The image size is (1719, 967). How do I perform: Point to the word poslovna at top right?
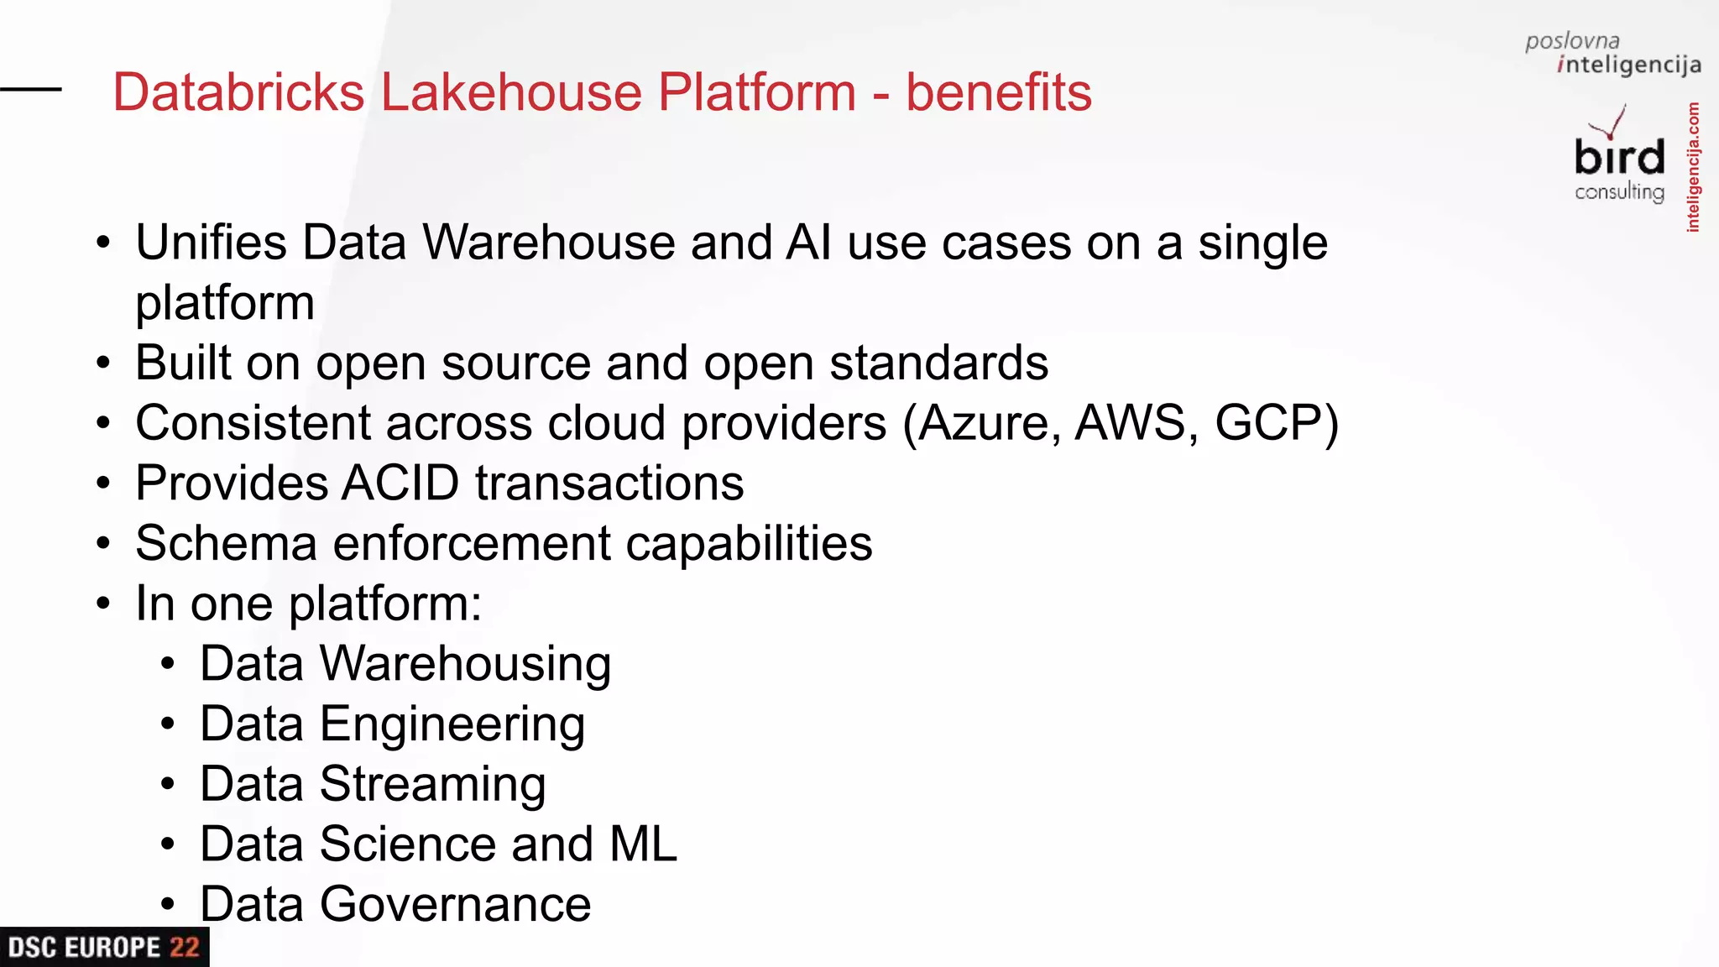(1571, 40)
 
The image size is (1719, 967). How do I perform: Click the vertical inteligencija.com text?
(1693, 167)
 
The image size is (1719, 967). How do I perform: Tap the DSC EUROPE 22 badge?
(104, 947)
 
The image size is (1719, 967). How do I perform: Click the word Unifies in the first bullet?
(211, 243)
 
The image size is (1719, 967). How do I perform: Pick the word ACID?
(400, 483)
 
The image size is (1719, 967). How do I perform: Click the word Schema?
(226, 543)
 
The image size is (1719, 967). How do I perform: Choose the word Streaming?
(432, 785)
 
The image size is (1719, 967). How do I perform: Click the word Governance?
(455, 904)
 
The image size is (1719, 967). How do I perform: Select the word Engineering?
(452, 724)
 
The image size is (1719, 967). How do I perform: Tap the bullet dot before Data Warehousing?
(168, 664)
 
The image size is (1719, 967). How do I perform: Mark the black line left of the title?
(31, 88)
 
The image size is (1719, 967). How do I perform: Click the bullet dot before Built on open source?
(103, 363)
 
